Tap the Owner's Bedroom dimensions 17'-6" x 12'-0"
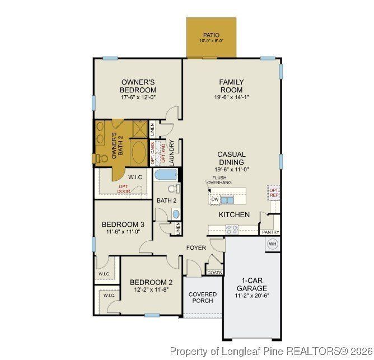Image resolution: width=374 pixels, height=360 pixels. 138,97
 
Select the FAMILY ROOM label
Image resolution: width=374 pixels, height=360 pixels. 231,86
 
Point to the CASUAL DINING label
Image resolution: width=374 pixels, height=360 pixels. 231,158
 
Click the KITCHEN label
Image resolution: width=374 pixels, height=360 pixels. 234,214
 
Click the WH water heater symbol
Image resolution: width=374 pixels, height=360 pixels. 273,244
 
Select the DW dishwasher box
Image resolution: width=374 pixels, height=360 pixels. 214,199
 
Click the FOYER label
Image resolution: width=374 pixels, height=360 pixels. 197,247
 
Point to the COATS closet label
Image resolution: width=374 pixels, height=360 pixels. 214,273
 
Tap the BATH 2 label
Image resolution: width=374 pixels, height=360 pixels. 166,200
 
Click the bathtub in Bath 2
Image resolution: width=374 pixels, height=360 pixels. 166,175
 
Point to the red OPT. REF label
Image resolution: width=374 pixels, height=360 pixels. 274,193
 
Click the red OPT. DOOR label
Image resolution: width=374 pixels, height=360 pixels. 123,189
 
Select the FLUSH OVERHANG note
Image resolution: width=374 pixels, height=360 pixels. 218,180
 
